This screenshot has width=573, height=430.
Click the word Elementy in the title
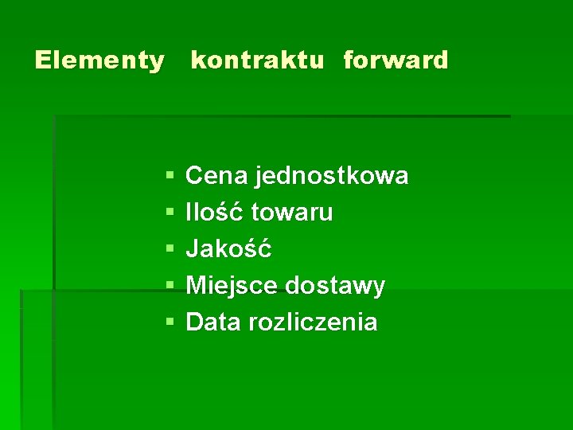pos(99,61)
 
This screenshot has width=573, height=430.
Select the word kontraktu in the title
pos(257,61)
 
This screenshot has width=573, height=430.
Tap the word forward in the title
pos(396,61)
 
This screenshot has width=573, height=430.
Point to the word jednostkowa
pos(332,176)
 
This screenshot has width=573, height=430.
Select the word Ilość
pos(215,213)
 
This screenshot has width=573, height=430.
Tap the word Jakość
pos(228,249)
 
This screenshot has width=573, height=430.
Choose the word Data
pos(213,322)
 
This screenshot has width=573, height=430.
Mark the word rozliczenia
pos(314,322)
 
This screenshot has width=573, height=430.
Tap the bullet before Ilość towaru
pos(170,213)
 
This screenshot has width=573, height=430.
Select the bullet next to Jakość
pos(170,249)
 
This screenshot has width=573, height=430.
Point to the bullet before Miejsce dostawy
pos(170,286)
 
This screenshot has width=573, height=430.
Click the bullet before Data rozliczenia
pos(170,322)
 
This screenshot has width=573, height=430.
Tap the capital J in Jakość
pos(192,250)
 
